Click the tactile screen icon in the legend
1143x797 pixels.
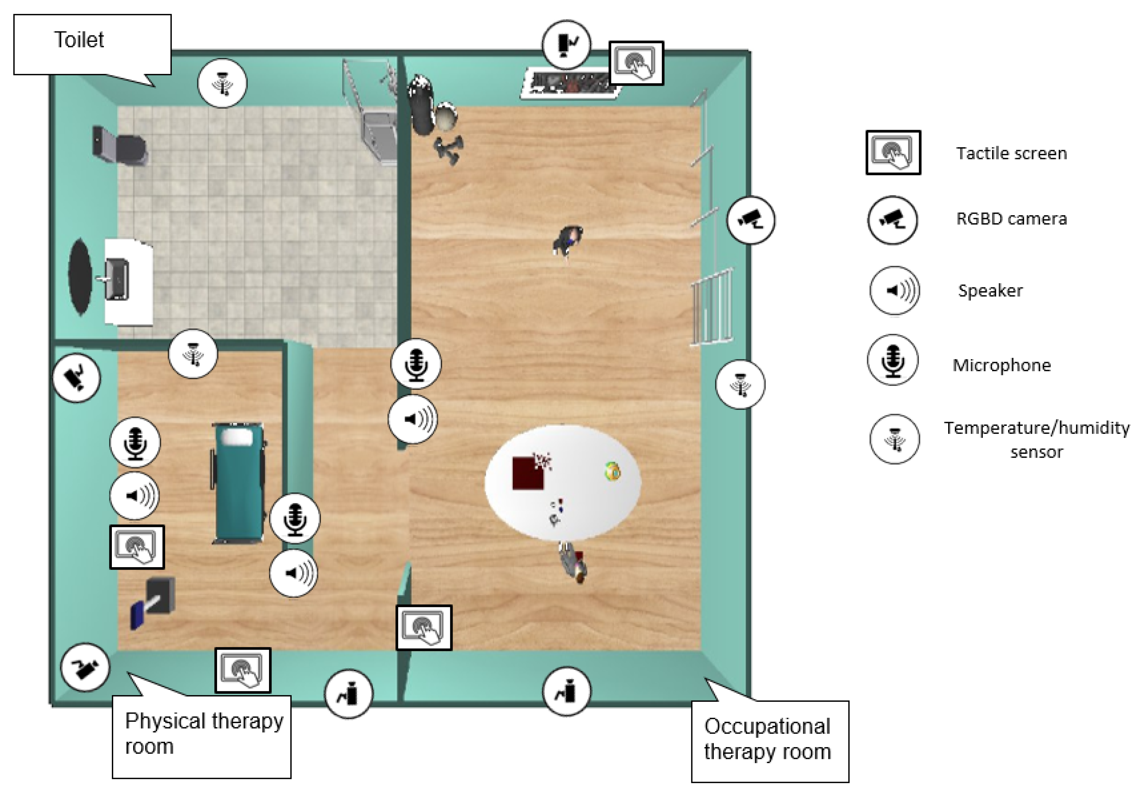pyautogui.click(x=893, y=152)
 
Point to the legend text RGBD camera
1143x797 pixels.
pyautogui.click(x=1012, y=219)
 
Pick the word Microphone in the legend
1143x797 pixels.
pyautogui.click(x=1002, y=365)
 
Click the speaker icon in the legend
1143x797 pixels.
pyautogui.click(x=895, y=291)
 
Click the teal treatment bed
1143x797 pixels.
pyautogui.click(x=238, y=482)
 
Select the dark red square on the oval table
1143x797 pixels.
pyautogui.click(x=528, y=473)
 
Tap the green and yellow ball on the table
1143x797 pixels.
pyautogui.click(x=613, y=471)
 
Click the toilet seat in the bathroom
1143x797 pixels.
pyautogui.click(x=121, y=147)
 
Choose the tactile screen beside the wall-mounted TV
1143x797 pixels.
pyautogui.click(x=636, y=63)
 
